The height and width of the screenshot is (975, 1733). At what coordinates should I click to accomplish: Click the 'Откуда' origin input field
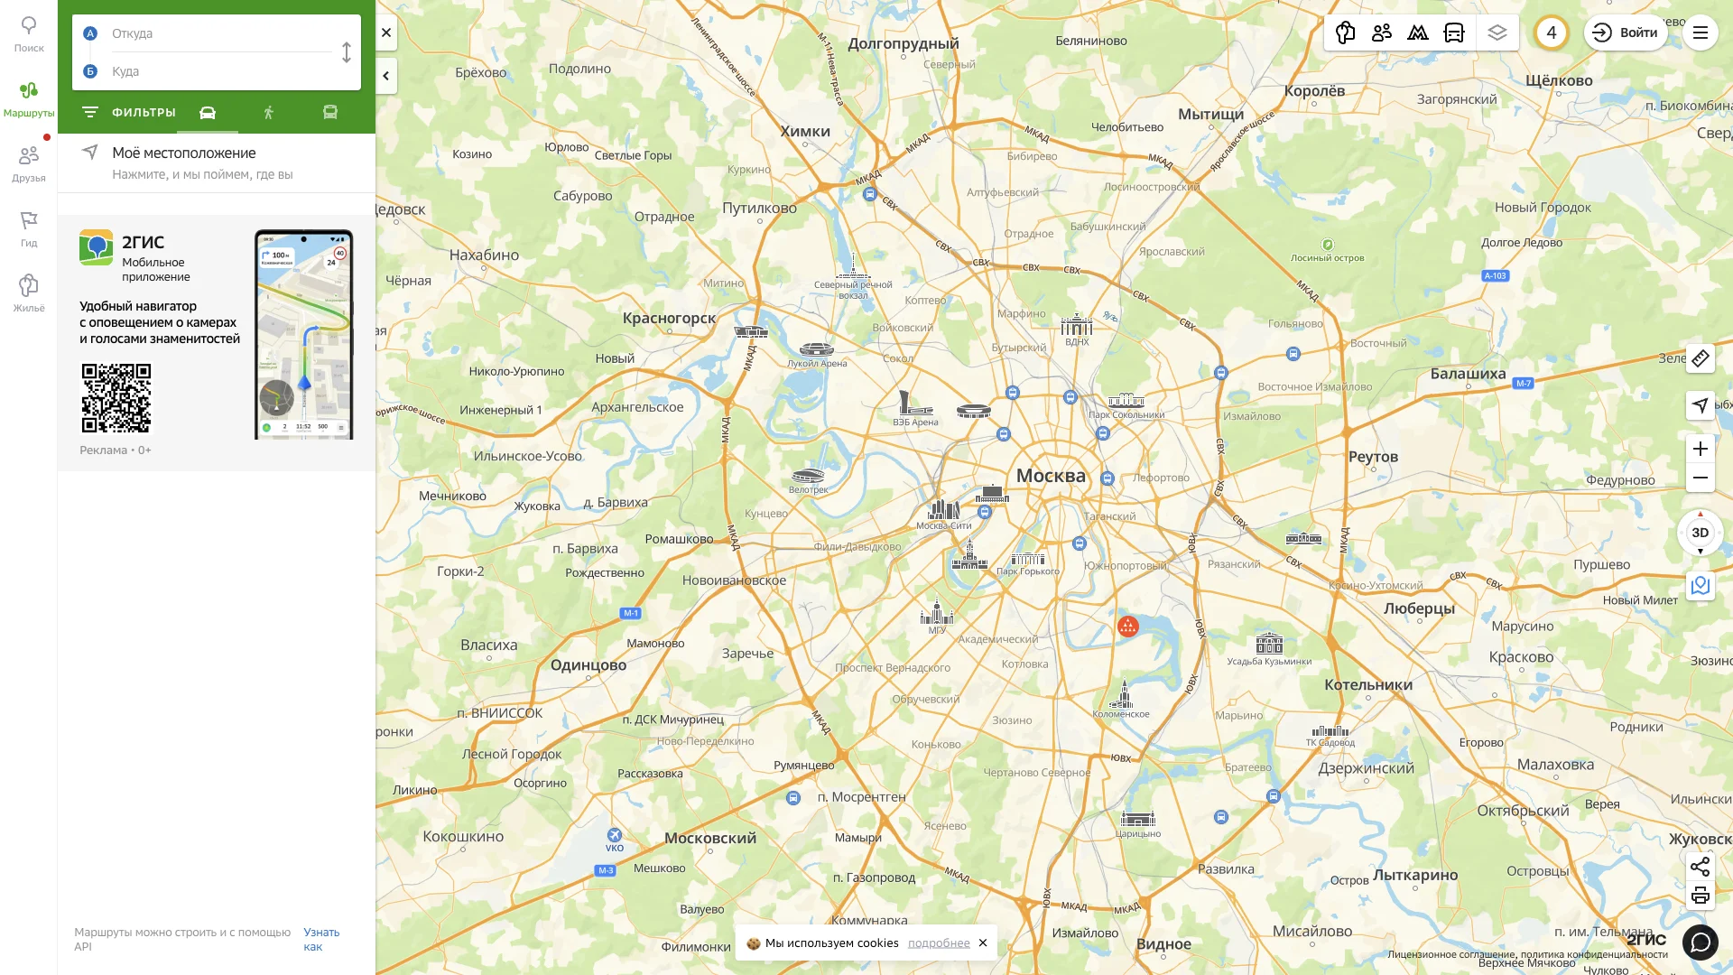point(217,33)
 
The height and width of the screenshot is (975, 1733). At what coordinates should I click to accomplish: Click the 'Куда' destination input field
point(217,71)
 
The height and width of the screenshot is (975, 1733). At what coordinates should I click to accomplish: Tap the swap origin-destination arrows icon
point(347,52)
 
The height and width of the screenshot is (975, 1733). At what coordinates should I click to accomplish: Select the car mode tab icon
point(208,113)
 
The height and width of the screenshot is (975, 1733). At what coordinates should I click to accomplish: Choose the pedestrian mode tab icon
point(268,113)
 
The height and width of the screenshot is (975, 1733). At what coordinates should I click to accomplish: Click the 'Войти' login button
point(1626,32)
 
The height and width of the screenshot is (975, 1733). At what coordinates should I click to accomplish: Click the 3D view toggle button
point(1700,533)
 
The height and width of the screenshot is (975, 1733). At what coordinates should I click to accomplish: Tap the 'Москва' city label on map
point(1051,476)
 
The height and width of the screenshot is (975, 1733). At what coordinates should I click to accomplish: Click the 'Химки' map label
point(804,131)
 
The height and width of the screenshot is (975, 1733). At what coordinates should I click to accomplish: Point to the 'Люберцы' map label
point(1419,608)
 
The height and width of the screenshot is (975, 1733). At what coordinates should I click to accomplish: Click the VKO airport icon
point(615,835)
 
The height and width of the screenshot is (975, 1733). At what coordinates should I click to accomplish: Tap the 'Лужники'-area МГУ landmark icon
point(936,615)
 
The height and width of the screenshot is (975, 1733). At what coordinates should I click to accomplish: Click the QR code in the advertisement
point(116,398)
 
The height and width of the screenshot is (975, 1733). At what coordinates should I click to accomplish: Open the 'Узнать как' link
point(320,939)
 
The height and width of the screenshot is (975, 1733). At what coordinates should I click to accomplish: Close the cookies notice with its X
point(983,942)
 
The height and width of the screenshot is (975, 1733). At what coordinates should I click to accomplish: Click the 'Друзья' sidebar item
point(29,163)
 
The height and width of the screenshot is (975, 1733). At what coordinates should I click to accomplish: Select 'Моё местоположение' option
point(184,153)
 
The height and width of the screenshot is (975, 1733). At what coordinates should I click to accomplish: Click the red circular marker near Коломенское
point(1127,626)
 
